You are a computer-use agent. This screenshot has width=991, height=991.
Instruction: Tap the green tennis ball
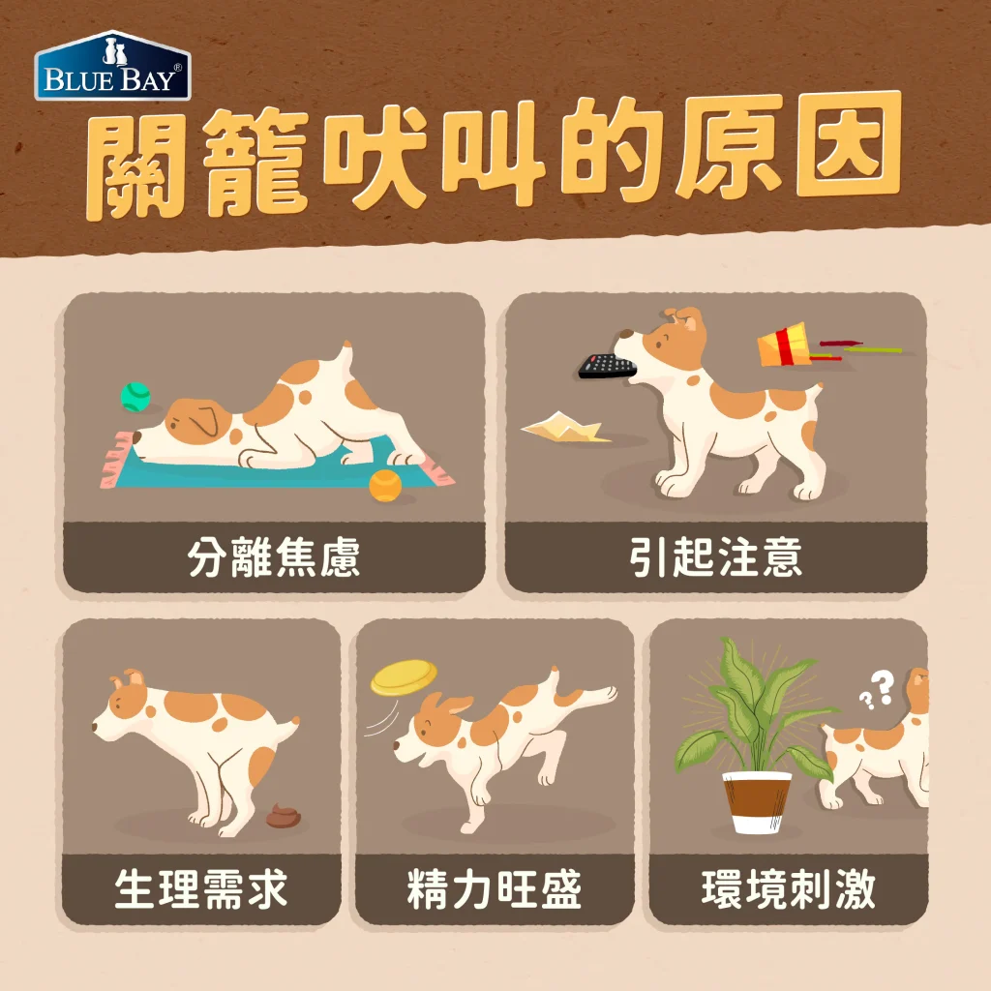tap(135, 396)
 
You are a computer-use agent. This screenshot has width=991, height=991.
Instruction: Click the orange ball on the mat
tap(384, 483)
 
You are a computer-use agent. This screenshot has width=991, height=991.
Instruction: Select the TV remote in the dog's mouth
tap(607, 365)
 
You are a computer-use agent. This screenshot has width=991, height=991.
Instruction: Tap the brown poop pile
tap(283, 816)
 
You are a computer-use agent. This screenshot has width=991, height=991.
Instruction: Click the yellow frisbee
tap(404, 676)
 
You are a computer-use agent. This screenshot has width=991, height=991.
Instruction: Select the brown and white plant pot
tap(757, 800)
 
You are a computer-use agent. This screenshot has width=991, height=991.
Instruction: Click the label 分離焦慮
tap(274, 558)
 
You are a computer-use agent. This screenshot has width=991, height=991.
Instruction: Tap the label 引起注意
tap(716, 558)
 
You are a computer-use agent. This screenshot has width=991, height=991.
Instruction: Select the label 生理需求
tap(201, 888)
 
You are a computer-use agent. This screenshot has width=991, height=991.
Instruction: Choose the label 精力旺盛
tap(495, 888)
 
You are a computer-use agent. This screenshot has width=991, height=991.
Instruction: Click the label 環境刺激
tap(788, 888)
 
